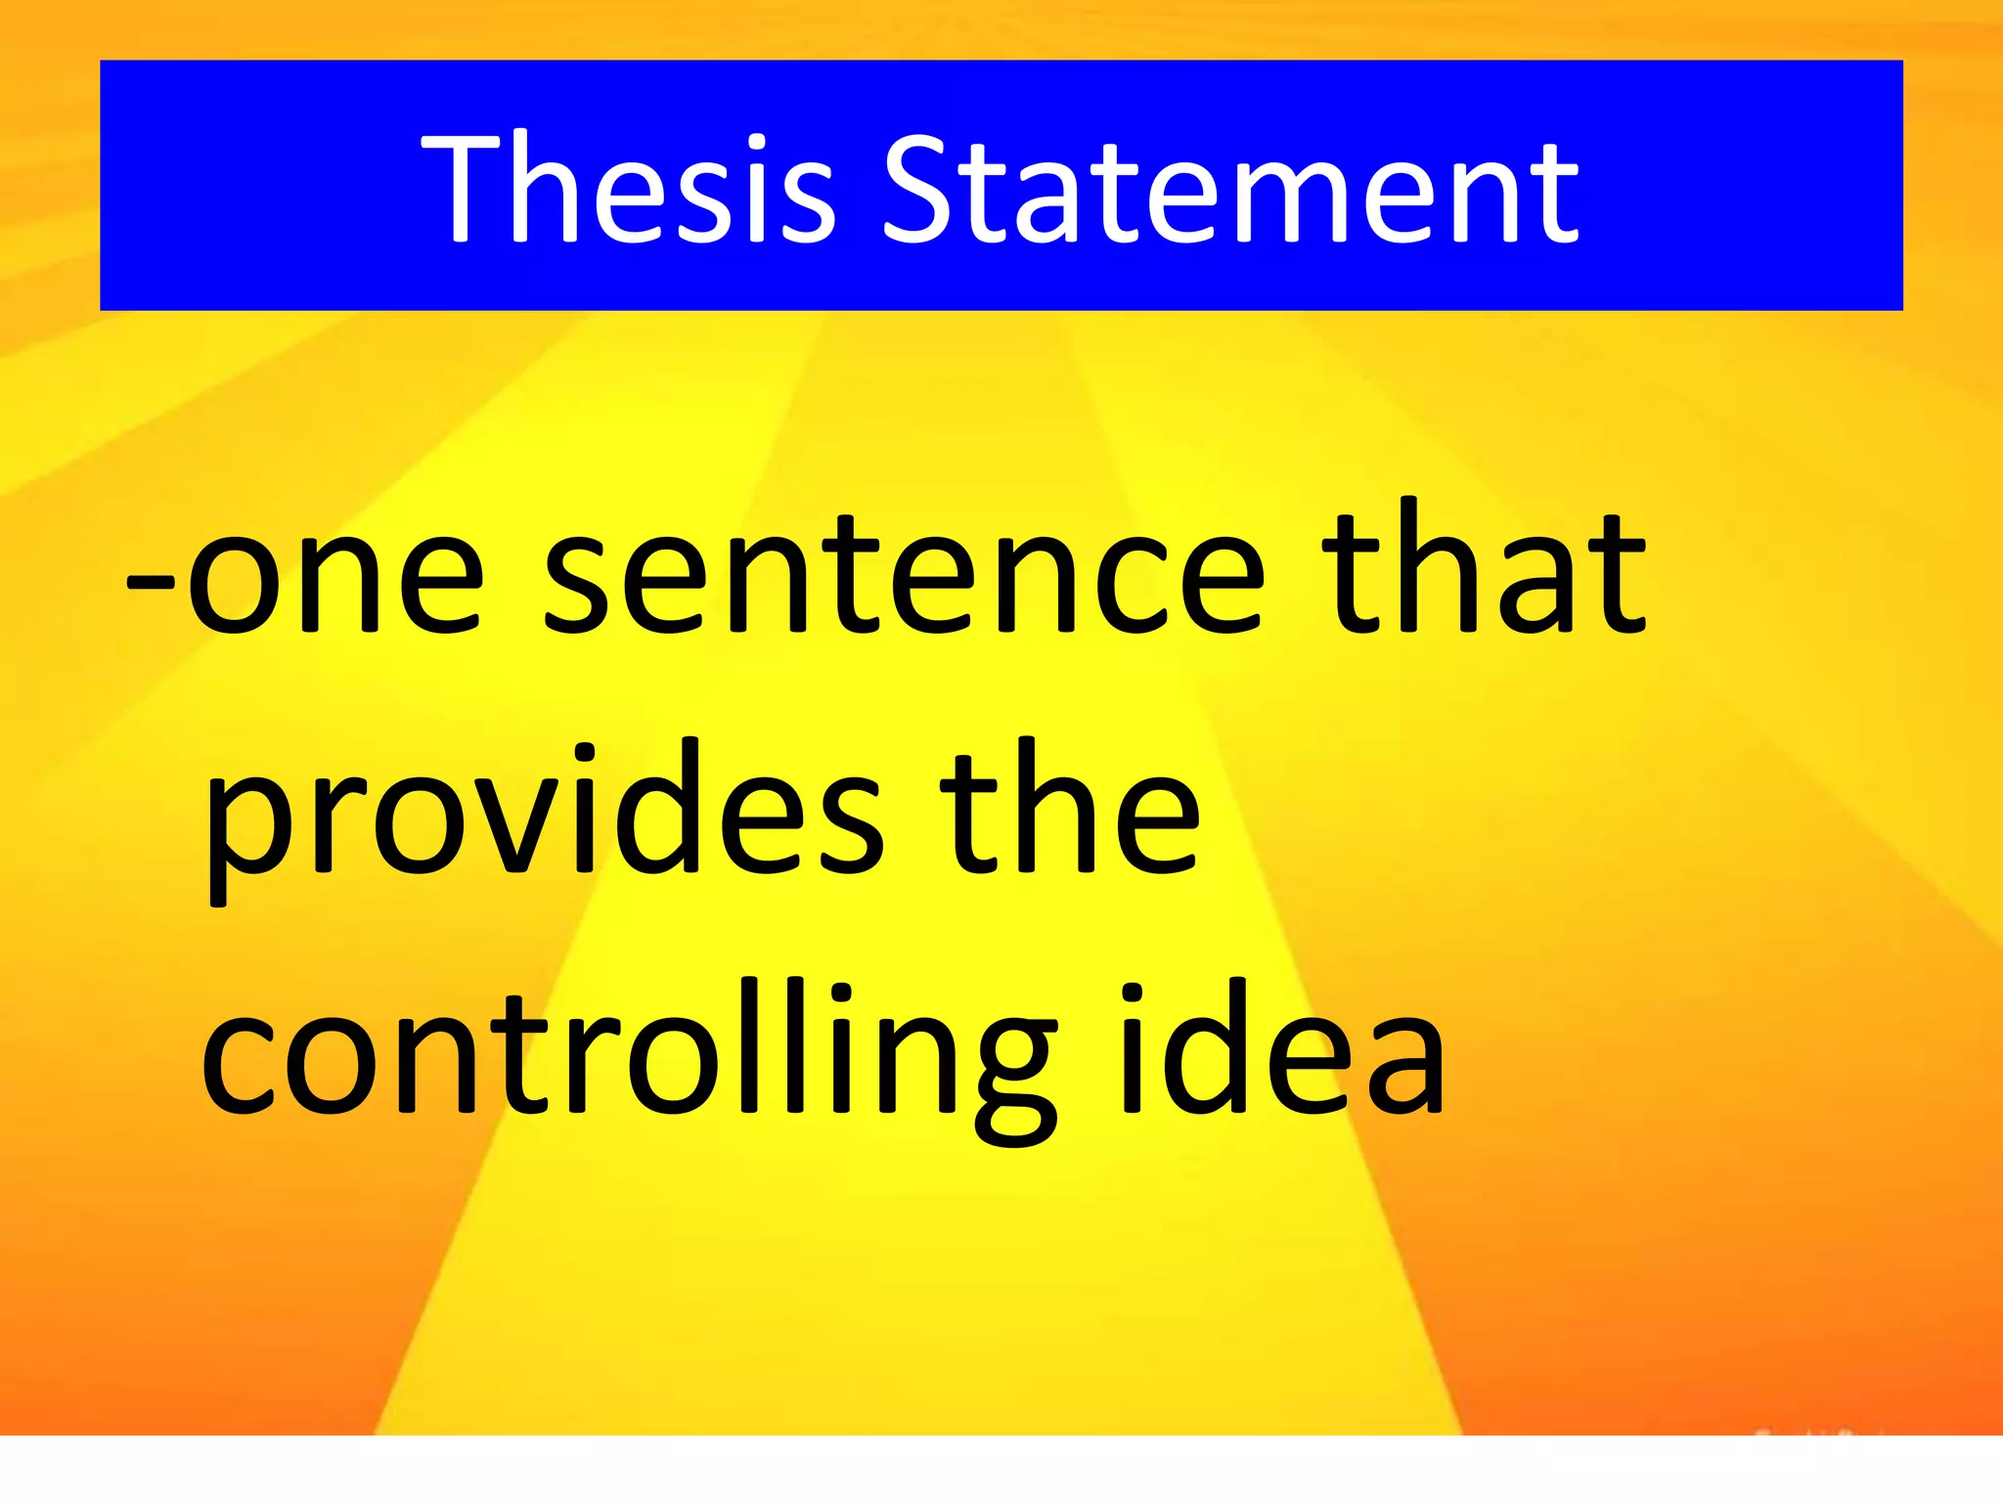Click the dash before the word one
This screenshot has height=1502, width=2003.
point(150,583)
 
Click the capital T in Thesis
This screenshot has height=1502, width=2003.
point(466,188)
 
